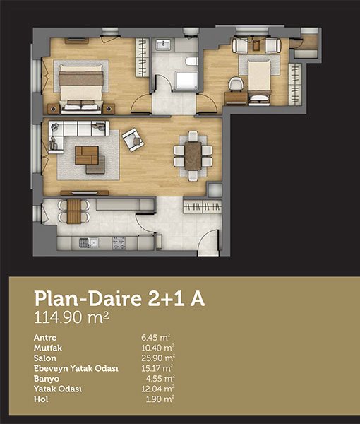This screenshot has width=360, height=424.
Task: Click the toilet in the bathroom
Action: point(192,61)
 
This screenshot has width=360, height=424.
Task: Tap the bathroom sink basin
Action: point(163,45)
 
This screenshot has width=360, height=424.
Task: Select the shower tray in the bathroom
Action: point(186,81)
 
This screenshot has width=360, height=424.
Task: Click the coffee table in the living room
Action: point(87,155)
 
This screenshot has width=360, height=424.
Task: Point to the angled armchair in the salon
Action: point(133,139)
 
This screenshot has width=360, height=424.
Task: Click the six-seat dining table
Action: point(193,155)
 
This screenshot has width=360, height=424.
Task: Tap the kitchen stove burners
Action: point(119,243)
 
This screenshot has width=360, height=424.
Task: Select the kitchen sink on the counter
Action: point(88,243)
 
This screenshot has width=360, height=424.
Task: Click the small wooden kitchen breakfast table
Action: point(73,211)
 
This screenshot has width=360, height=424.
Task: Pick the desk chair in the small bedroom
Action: point(236,84)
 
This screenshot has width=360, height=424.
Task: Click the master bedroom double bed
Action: point(81,89)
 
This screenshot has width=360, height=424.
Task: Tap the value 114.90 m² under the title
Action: point(71,317)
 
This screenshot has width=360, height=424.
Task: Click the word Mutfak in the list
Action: point(48,348)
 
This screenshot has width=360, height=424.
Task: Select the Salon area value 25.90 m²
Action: point(158,358)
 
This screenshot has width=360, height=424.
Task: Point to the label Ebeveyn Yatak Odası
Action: point(76,369)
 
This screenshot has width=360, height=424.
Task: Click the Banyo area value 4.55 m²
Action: point(160,379)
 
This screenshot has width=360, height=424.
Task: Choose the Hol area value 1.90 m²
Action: point(160,399)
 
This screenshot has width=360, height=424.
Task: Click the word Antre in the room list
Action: point(45,338)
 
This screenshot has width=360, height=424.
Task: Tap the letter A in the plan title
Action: point(198,298)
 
